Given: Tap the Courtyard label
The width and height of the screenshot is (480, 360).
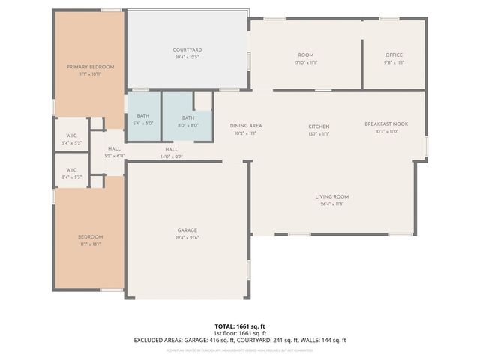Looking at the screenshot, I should (187, 49).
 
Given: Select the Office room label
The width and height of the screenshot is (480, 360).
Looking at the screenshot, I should (394, 55).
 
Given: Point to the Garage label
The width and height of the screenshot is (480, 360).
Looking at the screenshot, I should (187, 230).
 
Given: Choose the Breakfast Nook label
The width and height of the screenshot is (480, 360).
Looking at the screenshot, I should (386, 124).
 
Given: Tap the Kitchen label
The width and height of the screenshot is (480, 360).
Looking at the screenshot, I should (319, 127).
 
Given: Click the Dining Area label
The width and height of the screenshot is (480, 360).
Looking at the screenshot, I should (246, 126).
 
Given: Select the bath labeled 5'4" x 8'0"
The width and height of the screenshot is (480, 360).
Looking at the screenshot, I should (143, 116).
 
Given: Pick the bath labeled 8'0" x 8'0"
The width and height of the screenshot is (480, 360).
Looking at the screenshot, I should (188, 118).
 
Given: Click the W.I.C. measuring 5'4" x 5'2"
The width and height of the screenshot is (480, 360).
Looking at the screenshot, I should (73, 136).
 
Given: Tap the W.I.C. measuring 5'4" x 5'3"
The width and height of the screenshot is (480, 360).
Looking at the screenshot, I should (73, 170).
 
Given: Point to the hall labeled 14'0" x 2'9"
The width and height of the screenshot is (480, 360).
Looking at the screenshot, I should (172, 150).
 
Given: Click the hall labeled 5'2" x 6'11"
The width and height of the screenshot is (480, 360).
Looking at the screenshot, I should (114, 149).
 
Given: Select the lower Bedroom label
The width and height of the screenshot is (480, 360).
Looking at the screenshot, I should (88, 237).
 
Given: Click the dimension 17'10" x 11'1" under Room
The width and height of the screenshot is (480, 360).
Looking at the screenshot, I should (305, 63).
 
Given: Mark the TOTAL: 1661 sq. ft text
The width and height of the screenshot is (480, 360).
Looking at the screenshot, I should (241, 326).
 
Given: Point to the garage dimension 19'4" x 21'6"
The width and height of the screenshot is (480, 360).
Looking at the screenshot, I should (187, 238).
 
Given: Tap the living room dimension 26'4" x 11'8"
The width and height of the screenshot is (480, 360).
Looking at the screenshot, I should (331, 204).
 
